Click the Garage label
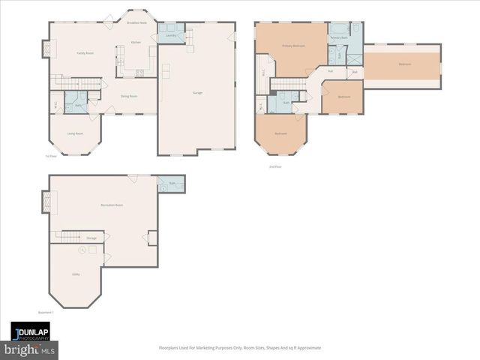tap(197, 92)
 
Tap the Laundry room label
tap(171, 35)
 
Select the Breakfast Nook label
tap(136, 23)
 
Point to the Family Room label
tap(85, 53)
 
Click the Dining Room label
tap(129, 95)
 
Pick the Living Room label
tap(75, 133)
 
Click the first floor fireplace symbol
tap(46, 49)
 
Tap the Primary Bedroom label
tap(293, 46)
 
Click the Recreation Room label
tap(112, 205)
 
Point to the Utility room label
tap(76, 274)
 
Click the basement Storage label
tap(91, 238)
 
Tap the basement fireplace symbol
tap(46, 202)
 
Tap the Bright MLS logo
tap(30, 349)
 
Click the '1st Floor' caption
tap(50, 156)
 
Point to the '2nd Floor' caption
tap(274, 167)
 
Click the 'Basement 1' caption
tap(47, 312)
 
